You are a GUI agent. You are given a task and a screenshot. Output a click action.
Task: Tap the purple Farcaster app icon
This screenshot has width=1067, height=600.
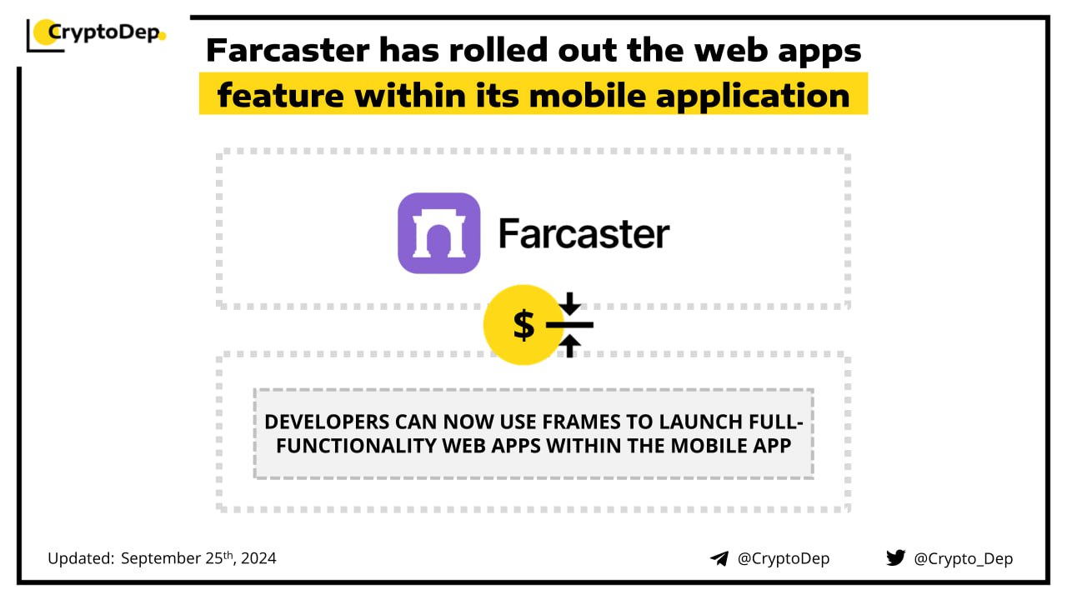438,232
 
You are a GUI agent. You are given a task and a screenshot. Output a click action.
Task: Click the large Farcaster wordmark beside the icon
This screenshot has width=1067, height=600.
584,233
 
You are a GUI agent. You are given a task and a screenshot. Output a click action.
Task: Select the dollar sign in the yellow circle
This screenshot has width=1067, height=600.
523,325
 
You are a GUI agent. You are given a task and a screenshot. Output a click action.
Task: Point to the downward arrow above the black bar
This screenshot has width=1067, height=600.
569,303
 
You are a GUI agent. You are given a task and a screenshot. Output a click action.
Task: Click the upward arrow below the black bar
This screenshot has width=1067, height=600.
569,346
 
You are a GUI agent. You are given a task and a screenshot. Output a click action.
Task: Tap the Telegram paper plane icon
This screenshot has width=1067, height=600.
719,558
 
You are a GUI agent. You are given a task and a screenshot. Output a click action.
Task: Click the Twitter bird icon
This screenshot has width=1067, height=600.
895,557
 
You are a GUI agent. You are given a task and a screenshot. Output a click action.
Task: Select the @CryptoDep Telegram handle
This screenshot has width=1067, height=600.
784,558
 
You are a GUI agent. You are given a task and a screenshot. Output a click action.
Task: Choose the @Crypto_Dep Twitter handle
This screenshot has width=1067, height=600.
963,558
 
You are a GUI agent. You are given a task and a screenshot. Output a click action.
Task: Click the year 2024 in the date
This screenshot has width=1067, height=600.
258,558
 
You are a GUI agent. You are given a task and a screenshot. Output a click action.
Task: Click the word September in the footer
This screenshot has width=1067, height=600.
161,558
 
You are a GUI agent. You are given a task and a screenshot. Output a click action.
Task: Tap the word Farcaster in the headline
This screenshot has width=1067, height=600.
288,50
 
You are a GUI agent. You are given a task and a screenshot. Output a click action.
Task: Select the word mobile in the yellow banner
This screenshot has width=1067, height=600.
587,95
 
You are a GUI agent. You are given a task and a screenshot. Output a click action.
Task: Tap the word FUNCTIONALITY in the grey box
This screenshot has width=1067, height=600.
356,446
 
